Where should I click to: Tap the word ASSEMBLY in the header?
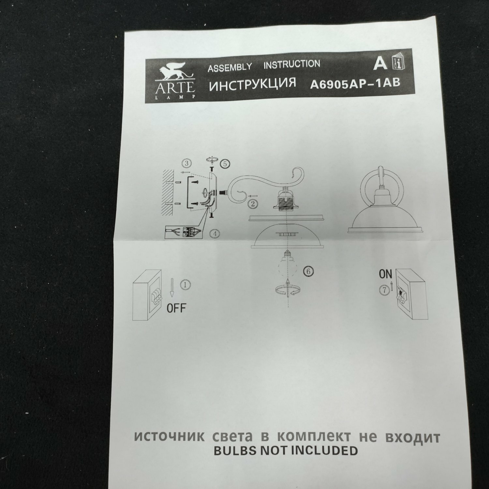(x=230, y=67)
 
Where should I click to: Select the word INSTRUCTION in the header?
(x=292, y=64)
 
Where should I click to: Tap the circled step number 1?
(x=185, y=284)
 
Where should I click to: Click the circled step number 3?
(x=186, y=163)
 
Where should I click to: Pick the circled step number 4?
(x=214, y=234)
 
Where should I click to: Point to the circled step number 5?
(x=225, y=164)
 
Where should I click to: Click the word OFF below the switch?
(x=176, y=308)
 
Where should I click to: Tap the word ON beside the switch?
(x=385, y=274)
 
